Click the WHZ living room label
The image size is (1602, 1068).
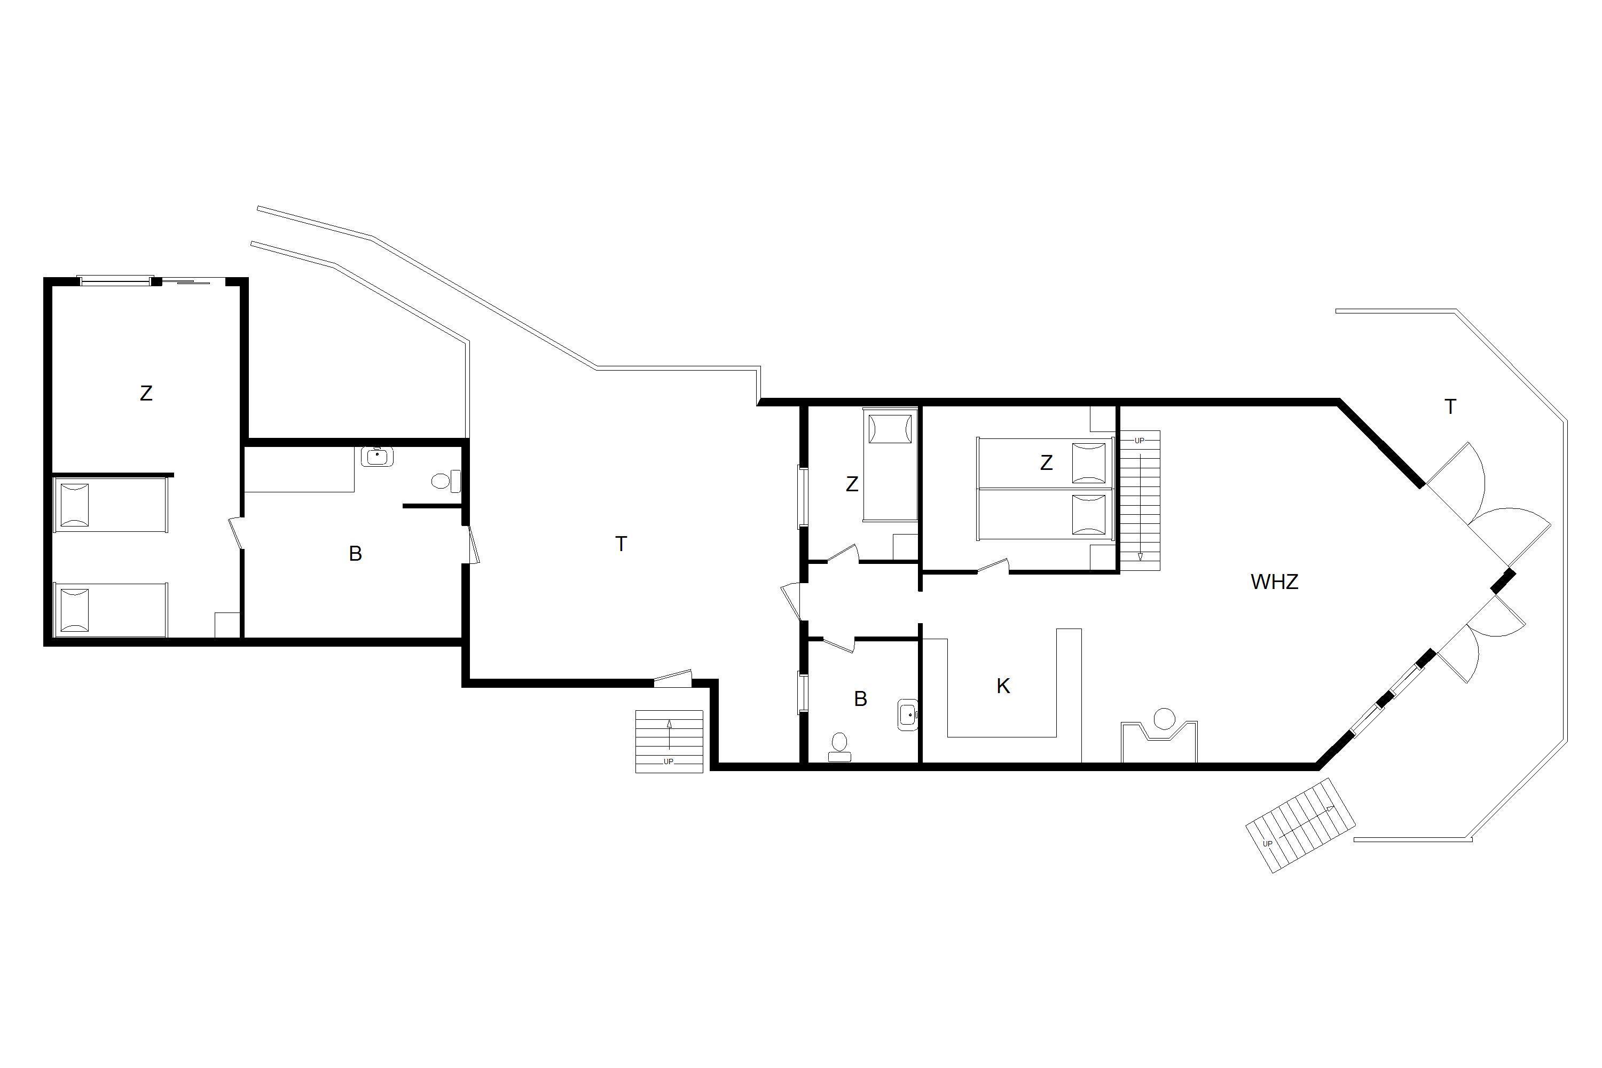click(1274, 582)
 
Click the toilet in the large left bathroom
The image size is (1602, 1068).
click(446, 482)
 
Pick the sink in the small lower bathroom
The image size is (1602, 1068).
click(908, 714)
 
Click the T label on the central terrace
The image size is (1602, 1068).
click(621, 544)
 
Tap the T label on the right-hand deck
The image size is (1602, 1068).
click(1450, 406)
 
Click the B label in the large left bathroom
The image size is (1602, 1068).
click(355, 554)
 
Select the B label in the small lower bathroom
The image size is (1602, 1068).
click(860, 699)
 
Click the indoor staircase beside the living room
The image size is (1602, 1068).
click(1140, 501)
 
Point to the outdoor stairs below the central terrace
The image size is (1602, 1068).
click(669, 742)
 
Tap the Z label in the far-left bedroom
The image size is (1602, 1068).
click(146, 393)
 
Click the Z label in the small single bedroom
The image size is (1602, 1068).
click(851, 484)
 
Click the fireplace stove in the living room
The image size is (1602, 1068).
click(1159, 739)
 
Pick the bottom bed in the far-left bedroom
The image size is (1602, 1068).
click(111, 610)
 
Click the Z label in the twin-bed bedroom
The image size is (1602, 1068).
click(1046, 463)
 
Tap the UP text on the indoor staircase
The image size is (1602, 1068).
click(1140, 441)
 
